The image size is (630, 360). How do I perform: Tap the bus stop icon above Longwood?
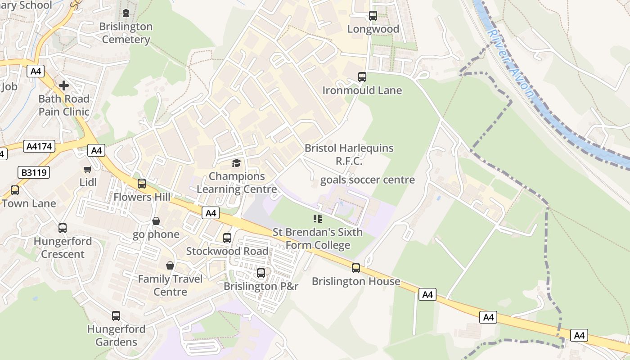(373, 16)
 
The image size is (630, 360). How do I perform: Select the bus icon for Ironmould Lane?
(362, 77)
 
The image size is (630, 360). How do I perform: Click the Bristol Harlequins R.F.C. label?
(349, 154)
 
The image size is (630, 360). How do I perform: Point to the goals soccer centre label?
(367, 180)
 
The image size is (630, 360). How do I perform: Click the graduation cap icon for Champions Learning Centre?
(236, 163)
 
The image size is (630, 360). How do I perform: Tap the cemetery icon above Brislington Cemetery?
(126, 13)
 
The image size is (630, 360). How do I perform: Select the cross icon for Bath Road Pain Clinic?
(64, 85)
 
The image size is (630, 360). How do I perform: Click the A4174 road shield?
(39, 146)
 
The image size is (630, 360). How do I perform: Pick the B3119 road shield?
(34, 172)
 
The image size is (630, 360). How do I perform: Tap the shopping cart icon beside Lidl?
(87, 169)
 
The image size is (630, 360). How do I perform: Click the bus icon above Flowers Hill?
(142, 184)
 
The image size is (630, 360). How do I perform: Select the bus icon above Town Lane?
(15, 190)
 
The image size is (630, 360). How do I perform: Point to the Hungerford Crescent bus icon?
(63, 228)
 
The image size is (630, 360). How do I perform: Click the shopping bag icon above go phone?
(156, 221)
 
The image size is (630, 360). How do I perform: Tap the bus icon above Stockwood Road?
(227, 238)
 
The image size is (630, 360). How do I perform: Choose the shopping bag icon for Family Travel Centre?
(170, 265)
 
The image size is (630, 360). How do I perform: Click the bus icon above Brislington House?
(356, 268)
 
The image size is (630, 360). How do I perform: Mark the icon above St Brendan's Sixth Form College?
(318, 219)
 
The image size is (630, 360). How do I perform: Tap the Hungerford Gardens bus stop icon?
(116, 316)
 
